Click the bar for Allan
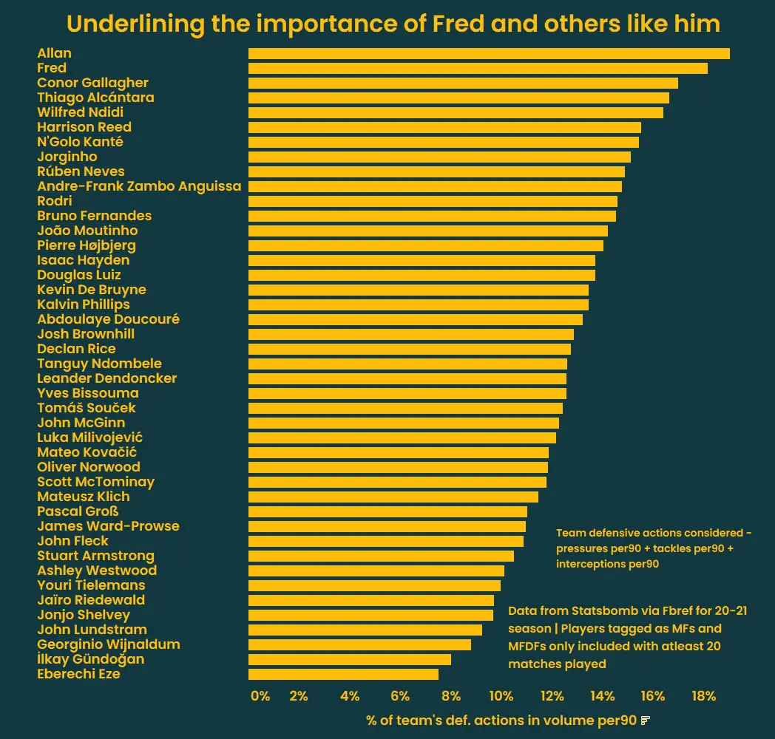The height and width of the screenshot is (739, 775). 489,53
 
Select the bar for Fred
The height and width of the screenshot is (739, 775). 478,68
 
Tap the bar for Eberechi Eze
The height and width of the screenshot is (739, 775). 343,674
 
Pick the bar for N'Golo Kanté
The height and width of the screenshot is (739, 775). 444,142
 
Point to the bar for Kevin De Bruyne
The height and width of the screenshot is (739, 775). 419,290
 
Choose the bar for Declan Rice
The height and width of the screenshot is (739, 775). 410,349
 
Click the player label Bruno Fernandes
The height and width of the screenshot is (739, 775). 94,216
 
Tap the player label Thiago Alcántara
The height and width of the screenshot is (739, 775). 95,98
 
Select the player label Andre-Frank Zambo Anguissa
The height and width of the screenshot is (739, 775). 139,186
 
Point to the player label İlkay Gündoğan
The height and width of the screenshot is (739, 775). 90,659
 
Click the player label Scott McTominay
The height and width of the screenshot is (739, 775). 95,482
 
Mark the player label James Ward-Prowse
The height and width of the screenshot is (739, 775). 108,526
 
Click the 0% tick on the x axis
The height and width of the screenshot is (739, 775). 260,696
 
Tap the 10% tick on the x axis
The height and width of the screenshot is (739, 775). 501,696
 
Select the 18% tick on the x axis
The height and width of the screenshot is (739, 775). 703,696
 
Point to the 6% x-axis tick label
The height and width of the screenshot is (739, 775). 400,696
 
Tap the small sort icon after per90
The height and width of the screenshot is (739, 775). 646,720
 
